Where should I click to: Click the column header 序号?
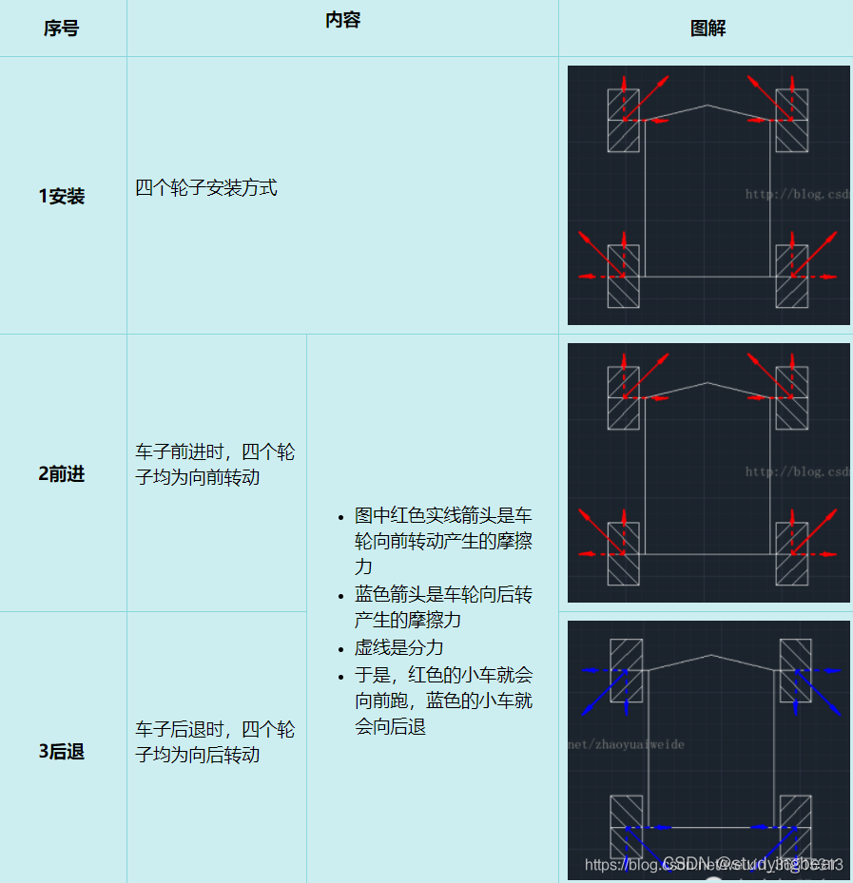pos(61,29)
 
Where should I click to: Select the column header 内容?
pos(342,20)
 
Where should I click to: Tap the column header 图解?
pos(708,29)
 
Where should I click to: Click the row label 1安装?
pos(62,196)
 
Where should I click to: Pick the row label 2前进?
pos(62,473)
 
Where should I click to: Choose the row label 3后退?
pos(62,751)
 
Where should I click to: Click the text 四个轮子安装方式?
pos(206,187)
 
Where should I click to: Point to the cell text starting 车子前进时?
pos(215,464)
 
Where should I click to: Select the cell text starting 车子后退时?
pos(215,741)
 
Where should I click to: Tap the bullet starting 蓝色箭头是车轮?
pos(443,607)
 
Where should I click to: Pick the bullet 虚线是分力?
pos(399,647)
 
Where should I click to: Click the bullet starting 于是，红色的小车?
pos(443,701)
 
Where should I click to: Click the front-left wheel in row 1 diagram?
pos(624,121)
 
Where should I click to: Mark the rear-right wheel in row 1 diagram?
pos(792,277)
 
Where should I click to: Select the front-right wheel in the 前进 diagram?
pos(792,398)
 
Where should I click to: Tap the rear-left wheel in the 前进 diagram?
pos(624,554)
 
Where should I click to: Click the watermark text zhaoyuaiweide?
pos(628,744)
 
